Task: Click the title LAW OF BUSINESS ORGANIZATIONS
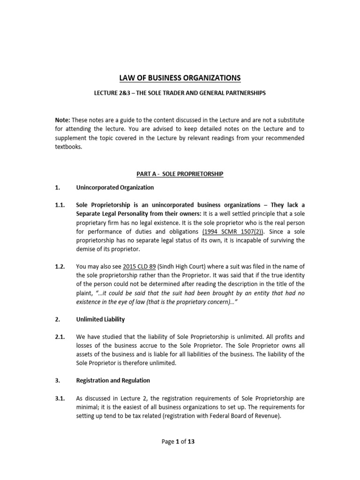[x=180, y=77]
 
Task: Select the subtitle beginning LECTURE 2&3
[x=180, y=93]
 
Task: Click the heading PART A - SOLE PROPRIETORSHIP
[x=180, y=174]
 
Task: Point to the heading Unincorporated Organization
[x=115, y=187]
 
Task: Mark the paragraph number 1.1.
[x=61, y=205]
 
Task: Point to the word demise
[x=89, y=249]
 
